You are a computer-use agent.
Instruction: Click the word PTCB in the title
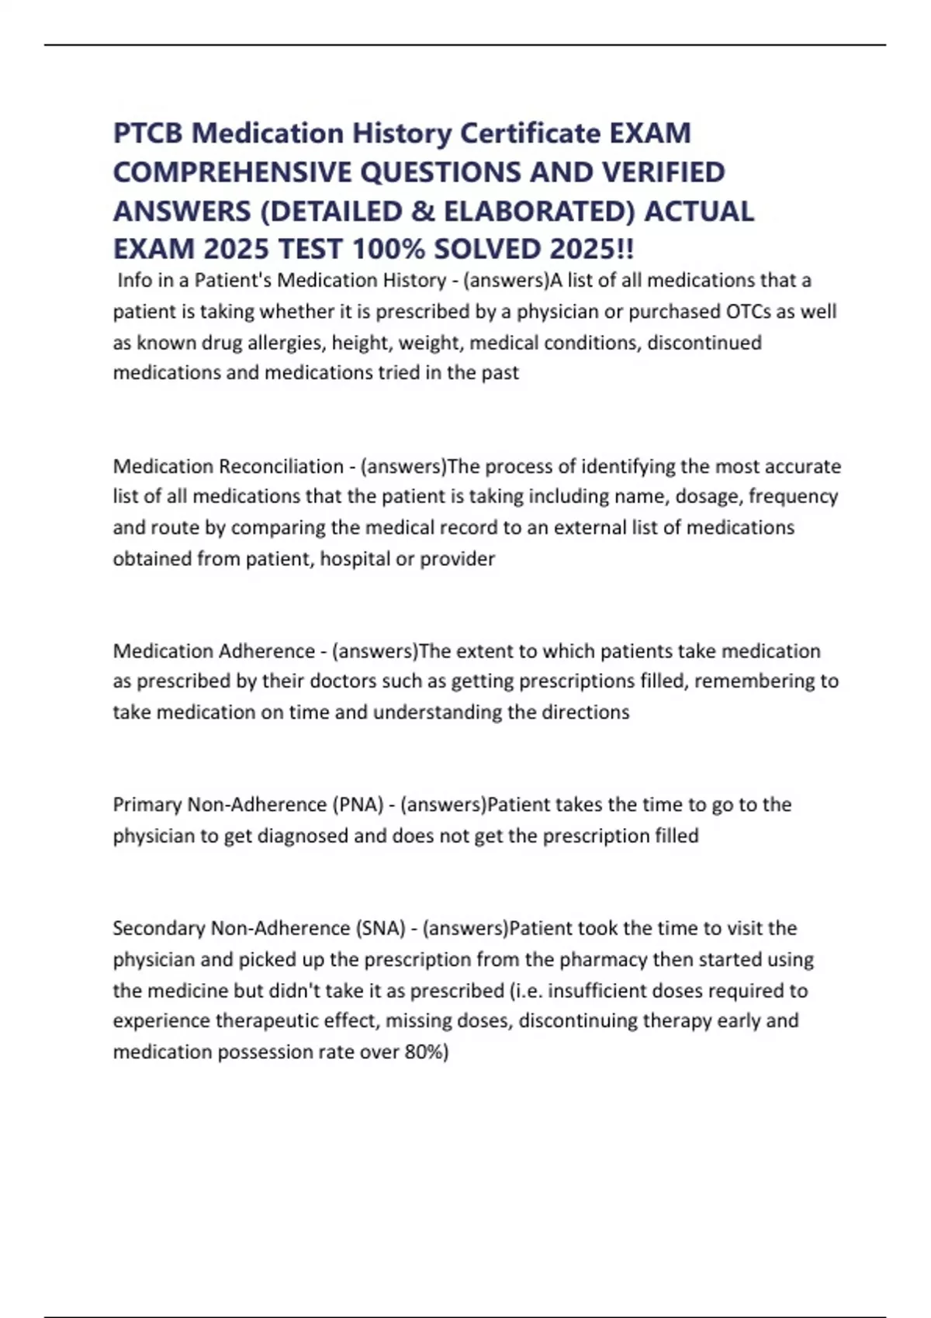tap(147, 133)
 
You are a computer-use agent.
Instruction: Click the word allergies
tap(286, 343)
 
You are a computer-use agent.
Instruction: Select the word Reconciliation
tap(282, 467)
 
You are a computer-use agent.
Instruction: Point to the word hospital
tap(355, 559)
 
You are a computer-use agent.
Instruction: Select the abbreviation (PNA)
tap(358, 805)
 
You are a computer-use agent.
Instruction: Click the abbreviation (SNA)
tap(380, 928)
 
